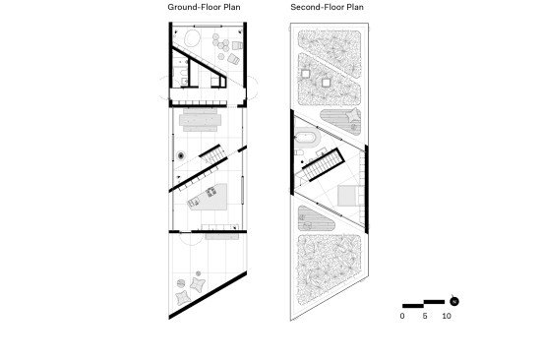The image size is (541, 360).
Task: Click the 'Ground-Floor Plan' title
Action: point(204,7)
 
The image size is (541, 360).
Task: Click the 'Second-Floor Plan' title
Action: point(327,7)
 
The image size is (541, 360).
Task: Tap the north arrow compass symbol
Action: point(454,301)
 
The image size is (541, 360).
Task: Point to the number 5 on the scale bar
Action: point(425,316)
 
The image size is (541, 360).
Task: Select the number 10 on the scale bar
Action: point(447,316)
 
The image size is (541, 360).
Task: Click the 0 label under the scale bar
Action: point(402,316)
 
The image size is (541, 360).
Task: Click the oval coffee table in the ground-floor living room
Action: point(192,38)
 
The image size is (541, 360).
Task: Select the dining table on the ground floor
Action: point(200,120)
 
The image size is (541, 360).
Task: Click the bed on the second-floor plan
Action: point(349,196)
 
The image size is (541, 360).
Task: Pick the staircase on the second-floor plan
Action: point(324,164)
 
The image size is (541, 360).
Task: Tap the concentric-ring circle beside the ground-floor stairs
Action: point(181,156)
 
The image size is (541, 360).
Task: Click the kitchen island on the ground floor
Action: point(209,197)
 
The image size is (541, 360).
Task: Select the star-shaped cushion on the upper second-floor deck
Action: point(353,115)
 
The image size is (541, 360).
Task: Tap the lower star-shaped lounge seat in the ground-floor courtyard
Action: point(183,297)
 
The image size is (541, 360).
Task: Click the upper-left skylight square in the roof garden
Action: point(305,74)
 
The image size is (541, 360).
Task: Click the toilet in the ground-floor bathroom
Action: point(184,82)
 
